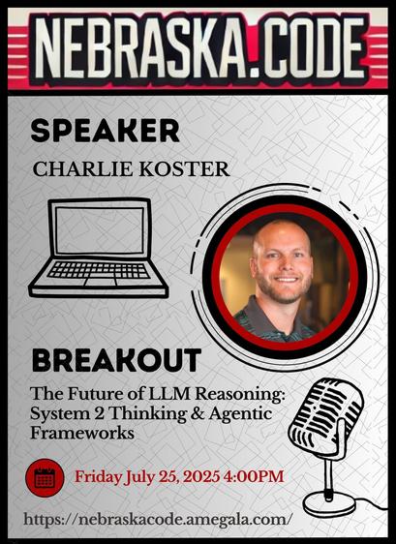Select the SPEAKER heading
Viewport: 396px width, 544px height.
pos(106,131)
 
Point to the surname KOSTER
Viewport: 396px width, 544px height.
pos(184,169)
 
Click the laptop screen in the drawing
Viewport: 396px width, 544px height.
pos(100,230)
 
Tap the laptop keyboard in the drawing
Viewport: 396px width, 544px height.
pos(99,270)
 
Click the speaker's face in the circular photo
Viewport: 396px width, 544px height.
pos(282,263)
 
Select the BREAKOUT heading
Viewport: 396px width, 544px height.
pos(116,360)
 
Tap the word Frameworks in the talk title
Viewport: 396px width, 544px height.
pos(82,433)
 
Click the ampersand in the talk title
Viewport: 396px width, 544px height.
pos(198,414)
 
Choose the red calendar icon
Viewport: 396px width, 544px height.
pos(45,478)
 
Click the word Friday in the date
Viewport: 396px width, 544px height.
pos(99,477)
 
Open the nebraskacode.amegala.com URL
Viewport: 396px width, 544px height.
pos(156,520)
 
